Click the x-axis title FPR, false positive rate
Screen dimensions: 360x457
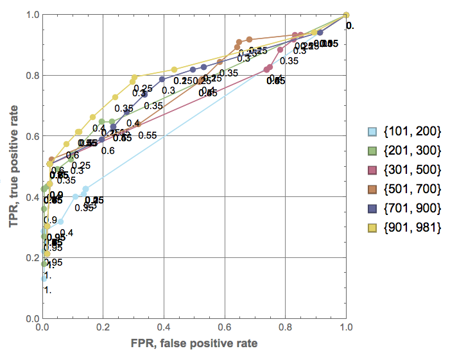194,344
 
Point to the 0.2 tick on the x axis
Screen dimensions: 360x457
103,327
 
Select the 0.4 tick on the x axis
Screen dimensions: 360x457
164,327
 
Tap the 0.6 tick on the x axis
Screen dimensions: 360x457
225,327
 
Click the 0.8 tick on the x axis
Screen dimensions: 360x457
286,327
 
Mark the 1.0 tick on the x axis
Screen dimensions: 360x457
347,327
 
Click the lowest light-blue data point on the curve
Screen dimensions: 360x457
44,279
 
